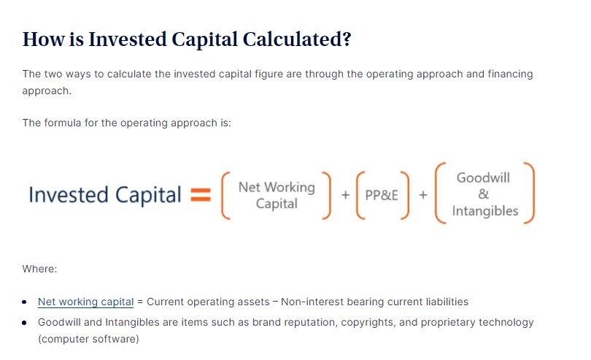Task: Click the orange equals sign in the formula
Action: pos(201,195)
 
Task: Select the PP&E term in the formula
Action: pos(382,195)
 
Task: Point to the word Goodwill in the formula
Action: pos(483,177)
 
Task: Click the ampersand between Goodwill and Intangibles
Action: pos(483,194)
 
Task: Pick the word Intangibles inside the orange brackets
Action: pos(485,211)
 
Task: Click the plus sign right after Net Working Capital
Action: pos(345,195)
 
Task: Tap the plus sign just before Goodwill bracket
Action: pos(423,195)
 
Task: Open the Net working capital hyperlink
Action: pos(85,302)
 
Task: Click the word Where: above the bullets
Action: pos(39,269)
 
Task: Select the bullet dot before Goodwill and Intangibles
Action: pos(25,323)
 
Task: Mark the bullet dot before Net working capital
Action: pos(25,302)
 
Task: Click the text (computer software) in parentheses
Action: pos(88,339)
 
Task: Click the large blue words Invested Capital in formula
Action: pos(105,195)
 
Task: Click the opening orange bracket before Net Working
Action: pos(225,195)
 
